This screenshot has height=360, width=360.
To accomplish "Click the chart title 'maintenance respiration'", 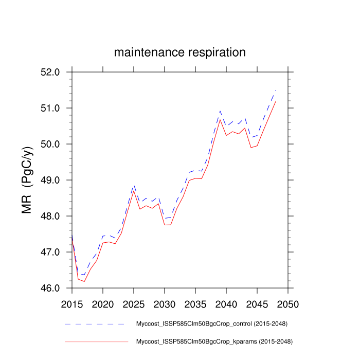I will click(179, 52).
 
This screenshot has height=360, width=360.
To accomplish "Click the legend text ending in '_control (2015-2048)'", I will click(211, 324).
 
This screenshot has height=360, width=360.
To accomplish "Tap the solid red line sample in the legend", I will click(96, 341).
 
